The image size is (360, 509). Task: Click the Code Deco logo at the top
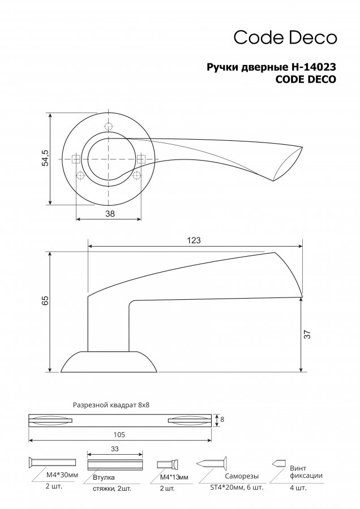click(x=285, y=37)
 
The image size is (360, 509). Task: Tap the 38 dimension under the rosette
click(x=110, y=213)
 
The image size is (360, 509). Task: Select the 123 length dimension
click(x=194, y=240)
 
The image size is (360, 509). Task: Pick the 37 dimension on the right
click(x=308, y=334)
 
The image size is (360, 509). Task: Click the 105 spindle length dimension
click(x=119, y=434)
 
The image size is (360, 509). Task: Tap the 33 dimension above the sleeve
click(x=115, y=449)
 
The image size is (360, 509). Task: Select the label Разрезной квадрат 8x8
click(x=111, y=405)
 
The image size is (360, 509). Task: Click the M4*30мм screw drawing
click(x=52, y=462)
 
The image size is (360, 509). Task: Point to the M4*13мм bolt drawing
click(x=168, y=464)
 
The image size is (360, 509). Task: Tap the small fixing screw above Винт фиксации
click(x=279, y=463)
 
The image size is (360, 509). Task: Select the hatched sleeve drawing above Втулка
click(x=115, y=464)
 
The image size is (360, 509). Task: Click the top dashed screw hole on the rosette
click(x=109, y=126)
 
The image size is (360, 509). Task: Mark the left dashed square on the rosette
click(x=76, y=159)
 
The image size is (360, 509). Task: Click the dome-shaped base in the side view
click(x=109, y=361)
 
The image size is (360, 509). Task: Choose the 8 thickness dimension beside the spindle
click(x=222, y=420)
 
